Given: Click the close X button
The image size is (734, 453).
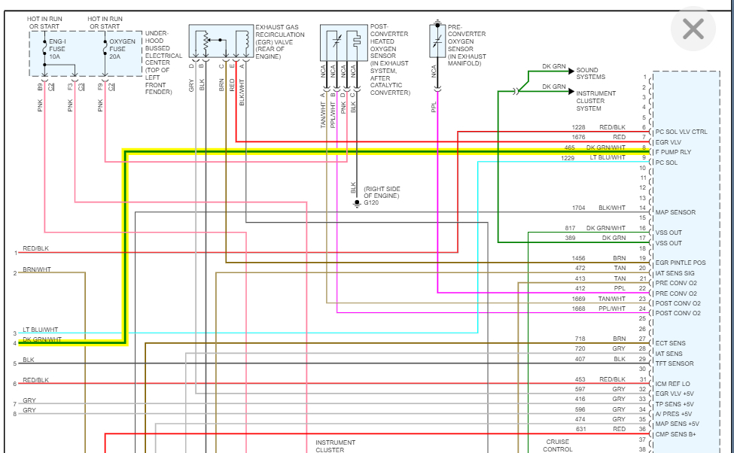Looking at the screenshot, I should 692,29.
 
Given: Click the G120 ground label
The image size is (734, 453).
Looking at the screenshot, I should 372,203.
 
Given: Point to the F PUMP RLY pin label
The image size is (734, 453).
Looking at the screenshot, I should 674,152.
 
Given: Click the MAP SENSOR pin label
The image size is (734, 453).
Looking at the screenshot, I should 675,212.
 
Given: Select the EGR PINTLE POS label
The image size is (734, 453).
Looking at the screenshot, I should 681,263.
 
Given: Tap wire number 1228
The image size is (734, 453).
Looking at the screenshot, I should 578,127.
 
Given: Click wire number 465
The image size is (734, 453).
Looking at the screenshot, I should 580,147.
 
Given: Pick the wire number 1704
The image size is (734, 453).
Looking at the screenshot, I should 578,208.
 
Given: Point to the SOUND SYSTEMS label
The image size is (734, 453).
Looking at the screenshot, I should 591,74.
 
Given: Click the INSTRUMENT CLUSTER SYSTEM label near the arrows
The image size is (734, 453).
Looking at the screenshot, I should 595,101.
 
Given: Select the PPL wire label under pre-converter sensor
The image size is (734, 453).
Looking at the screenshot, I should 434,108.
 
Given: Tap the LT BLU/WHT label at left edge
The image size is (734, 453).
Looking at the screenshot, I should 41,330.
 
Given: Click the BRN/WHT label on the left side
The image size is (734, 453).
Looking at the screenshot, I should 37,269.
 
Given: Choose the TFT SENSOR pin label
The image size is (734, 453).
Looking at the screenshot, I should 675,363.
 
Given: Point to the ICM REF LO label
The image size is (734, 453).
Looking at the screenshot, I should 673,384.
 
